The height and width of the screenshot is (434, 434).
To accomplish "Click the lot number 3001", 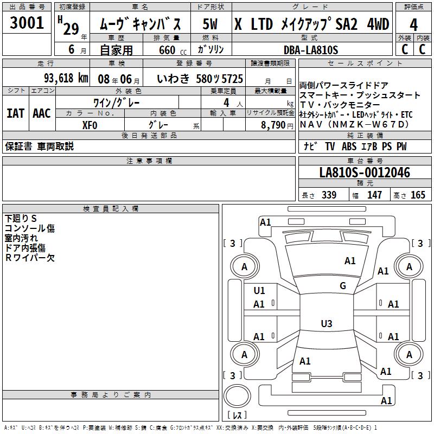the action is tap(27, 23).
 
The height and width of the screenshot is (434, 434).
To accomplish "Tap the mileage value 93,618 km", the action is tap(66, 78).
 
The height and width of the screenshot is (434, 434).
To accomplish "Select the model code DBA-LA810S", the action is tap(311, 50).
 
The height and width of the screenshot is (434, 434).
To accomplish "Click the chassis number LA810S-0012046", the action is tap(365, 173).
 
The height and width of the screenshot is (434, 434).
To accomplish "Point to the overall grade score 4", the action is tap(413, 25).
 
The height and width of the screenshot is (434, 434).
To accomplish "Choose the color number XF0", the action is tap(90, 125).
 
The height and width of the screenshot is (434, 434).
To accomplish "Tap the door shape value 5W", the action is tap(210, 24).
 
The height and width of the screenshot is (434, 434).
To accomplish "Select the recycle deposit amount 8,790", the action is tap(273, 125).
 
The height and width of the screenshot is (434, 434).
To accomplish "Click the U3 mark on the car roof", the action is tap(327, 323).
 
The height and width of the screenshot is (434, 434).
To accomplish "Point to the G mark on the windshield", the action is tap(343, 286).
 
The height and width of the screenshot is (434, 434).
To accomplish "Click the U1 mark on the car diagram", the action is tap(259, 291).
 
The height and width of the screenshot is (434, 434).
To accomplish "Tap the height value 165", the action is tap(418, 195).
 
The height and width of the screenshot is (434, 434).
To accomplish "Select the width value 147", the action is tap(374, 195).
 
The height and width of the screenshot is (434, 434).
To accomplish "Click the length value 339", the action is tap(329, 195).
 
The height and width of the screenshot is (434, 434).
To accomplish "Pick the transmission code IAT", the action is tap(16, 113).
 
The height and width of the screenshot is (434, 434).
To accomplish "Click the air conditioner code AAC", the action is tap(42, 113).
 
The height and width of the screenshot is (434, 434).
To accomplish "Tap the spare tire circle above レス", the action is tap(237, 395).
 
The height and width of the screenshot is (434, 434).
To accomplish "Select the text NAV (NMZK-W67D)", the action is tap(355, 125).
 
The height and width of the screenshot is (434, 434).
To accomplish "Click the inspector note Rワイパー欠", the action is tap(30, 258).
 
